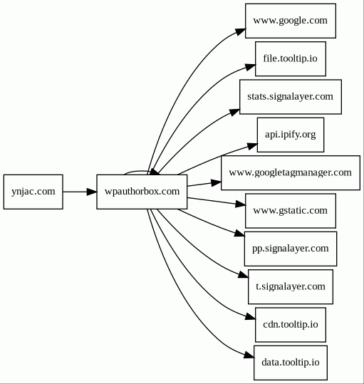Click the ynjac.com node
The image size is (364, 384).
click(33, 192)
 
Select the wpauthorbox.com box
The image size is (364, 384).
click(142, 192)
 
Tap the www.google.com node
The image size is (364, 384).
click(291, 21)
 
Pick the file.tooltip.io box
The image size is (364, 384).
click(291, 58)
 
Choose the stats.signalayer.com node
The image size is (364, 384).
click(291, 97)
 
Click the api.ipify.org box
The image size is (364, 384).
click(291, 135)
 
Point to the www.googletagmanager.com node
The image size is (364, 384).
click(291, 172)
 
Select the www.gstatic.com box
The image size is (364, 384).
click(291, 211)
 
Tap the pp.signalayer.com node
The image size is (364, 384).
click(291, 249)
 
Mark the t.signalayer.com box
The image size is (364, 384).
click(291, 287)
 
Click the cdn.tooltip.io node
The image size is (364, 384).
click(291, 325)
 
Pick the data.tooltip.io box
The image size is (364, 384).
click(291, 363)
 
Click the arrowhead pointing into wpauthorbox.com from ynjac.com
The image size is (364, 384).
click(92, 192)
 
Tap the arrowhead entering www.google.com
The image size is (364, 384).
click(241, 32)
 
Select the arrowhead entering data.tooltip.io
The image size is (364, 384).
click(249, 355)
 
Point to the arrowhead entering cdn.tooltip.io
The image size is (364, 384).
click(251, 316)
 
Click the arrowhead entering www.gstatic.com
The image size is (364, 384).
click(241, 204)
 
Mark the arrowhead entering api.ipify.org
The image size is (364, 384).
click(252, 146)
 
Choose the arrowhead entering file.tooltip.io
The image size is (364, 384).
click(251, 67)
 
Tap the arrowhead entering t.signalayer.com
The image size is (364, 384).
click(244, 275)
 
